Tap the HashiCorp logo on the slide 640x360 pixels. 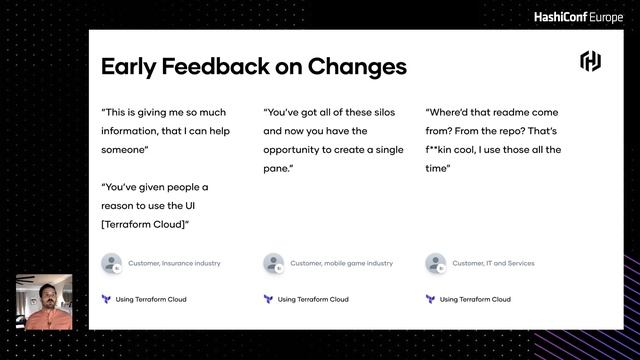point(590,62)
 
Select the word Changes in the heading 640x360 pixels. point(357,67)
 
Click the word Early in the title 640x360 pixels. point(132,67)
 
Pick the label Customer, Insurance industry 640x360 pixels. point(174,264)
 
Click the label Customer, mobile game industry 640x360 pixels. point(341,264)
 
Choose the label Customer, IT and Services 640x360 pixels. point(493,264)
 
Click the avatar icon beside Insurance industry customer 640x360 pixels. point(111,264)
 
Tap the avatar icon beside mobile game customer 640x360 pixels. point(273,264)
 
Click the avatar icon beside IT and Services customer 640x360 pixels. point(435,264)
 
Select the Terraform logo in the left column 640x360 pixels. point(106,299)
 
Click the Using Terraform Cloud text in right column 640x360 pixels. point(475,299)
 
